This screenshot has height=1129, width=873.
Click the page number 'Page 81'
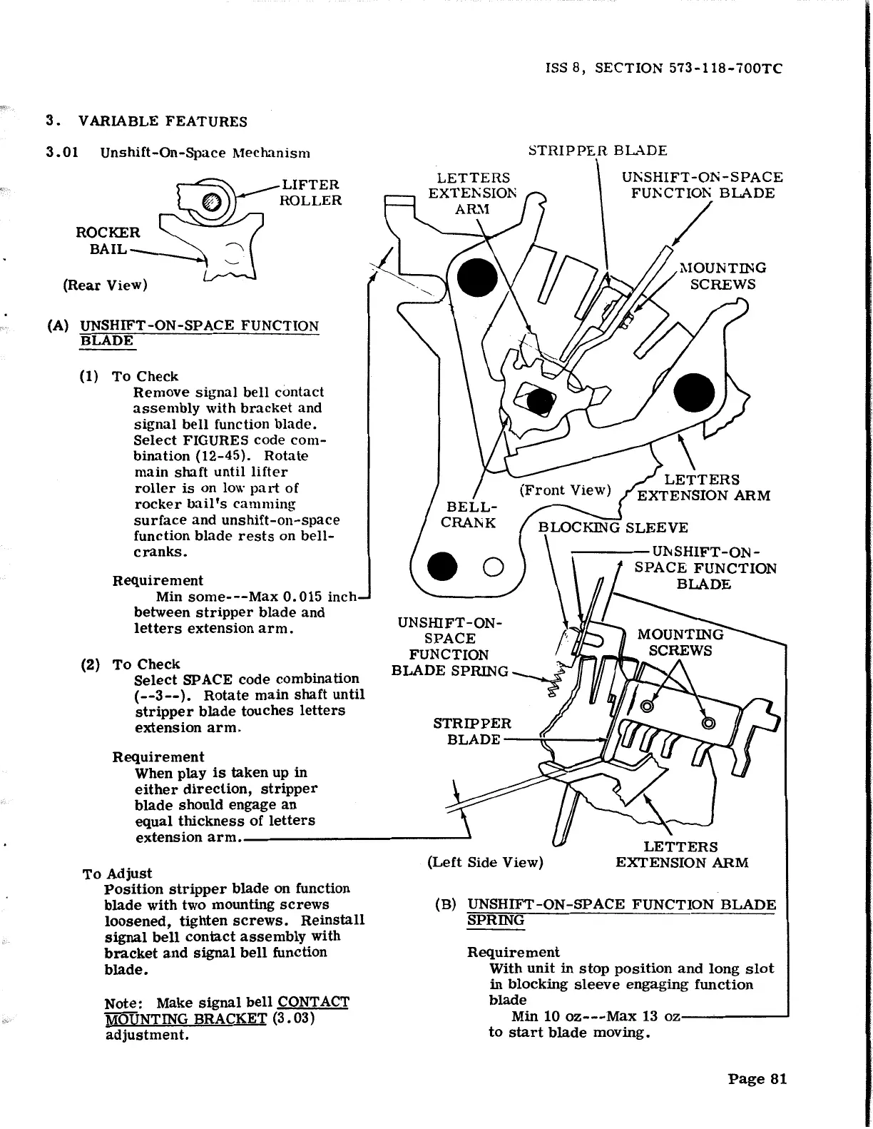tap(757, 1078)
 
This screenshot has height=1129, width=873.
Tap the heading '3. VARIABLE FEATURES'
tap(147, 121)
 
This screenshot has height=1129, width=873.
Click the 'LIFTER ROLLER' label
tap(310, 193)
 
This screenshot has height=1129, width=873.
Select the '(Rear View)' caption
tap(105, 285)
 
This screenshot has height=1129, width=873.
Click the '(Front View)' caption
tap(565, 490)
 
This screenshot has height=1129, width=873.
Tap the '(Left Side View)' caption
tap(485, 862)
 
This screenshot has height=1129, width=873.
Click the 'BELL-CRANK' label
tap(468, 515)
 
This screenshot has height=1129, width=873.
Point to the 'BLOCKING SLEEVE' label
tap(613, 528)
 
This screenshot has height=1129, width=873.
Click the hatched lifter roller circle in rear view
tap(212, 202)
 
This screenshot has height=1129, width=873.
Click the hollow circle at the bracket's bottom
tap(494, 567)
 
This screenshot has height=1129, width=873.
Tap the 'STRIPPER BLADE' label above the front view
tap(598, 151)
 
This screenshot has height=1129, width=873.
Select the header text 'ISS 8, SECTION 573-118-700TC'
tap(663, 69)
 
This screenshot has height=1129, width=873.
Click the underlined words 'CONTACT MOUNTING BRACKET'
tap(227, 1010)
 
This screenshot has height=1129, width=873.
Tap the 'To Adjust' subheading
tap(117, 874)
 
